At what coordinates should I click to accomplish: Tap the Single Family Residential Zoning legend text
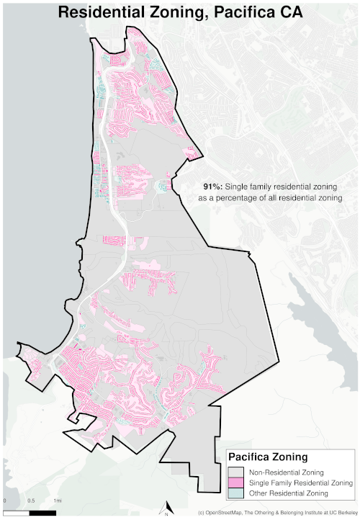(x=301, y=482)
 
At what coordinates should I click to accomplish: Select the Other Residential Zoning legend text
(x=288, y=493)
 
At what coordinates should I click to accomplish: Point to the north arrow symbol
(x=167, y=508)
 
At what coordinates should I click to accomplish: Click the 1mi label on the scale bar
(x=57, y=501)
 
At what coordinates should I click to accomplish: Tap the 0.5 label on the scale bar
(x=31, y=501)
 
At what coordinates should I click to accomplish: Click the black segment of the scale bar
(x=43, y=513)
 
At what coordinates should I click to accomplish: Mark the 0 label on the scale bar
(x=4, y=501)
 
